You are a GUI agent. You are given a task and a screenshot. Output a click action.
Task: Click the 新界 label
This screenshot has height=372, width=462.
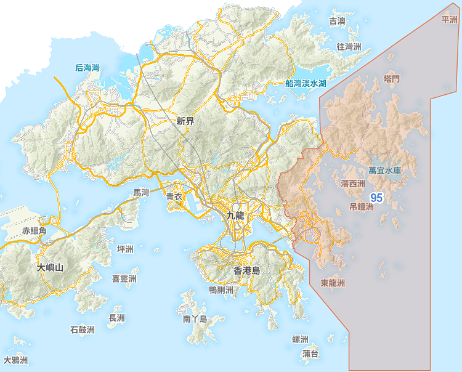click(185, 121)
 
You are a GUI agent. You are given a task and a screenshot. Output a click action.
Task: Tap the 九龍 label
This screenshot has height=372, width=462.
click(236, 216)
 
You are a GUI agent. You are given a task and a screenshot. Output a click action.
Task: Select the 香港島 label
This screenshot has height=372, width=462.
click(247, 270)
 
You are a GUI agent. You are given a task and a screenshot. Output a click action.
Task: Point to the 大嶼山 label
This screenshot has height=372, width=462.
click(50, 267)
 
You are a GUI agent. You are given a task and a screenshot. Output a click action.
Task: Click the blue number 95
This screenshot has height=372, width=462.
click(377, 198)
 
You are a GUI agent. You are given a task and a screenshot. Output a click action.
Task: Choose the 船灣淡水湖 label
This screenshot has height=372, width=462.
click(306, 83)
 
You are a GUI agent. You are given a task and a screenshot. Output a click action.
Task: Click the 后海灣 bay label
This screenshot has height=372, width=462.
click(87, 68)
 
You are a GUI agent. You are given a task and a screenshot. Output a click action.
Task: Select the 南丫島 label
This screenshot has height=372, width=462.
click(195, 319)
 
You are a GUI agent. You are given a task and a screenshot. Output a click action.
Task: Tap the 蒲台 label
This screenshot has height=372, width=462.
click(311, 354)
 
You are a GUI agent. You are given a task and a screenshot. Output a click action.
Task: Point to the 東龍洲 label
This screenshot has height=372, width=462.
click(333, 283)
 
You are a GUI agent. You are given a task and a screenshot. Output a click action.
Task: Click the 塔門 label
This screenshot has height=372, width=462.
click(392, 79)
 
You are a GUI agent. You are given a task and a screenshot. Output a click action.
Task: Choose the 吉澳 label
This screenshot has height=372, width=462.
click(338, 22)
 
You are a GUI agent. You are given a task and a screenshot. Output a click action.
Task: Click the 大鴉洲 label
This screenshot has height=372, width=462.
click(16, 360)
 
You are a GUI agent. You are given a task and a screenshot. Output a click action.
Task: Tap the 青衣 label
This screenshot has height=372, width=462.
click(174, 196)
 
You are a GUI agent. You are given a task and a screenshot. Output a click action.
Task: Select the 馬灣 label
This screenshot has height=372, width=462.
click(141, 193)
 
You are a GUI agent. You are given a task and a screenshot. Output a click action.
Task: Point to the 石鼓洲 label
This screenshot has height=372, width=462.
click(83, 330)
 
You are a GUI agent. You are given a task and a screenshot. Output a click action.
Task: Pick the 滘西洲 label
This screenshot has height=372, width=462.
click(353, 184)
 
